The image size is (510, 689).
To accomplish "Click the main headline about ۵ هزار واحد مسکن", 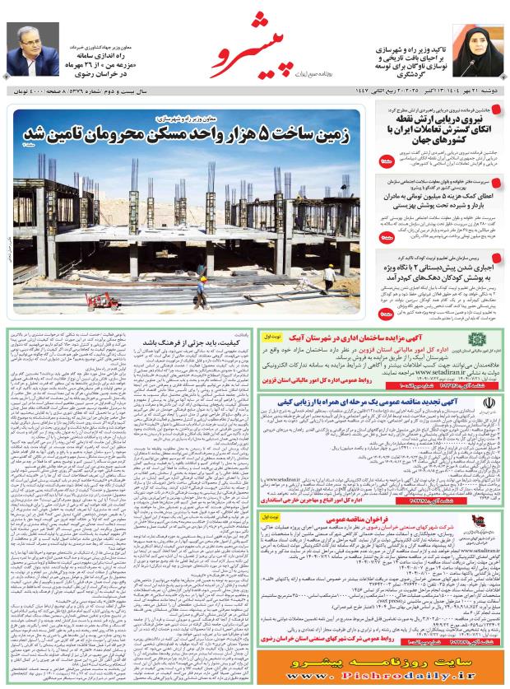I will click(184, 134).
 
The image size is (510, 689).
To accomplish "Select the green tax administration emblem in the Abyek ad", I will click(477, 343).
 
